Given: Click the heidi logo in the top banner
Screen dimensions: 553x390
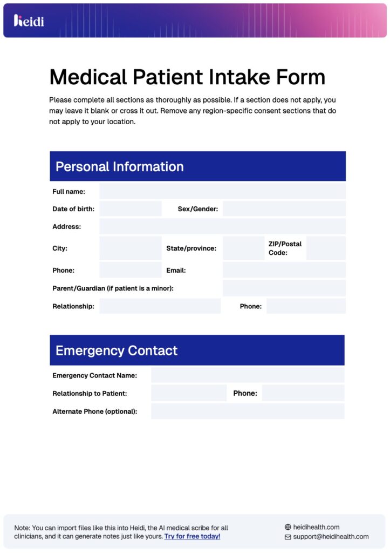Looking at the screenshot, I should (x=29, y=21).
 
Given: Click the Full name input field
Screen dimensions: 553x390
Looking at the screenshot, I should (x=222, y=191).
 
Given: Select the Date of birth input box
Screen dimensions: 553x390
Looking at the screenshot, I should (x=131, y=209).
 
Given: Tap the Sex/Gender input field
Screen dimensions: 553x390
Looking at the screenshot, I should (x=284, y=209).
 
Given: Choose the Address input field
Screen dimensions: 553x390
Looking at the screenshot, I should (x=222, y=226).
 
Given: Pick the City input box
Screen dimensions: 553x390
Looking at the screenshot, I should (x=131, y=248).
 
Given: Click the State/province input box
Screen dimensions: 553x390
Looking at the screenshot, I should (x=243, y=248).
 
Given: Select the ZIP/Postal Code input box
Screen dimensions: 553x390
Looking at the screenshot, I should (x=326, y=248).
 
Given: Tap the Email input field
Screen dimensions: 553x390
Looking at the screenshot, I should (x=284, y=270).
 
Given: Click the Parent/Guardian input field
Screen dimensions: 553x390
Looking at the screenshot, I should (x=284, y=288).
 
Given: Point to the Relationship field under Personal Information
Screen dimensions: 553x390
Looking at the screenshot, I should (x=160, y=306).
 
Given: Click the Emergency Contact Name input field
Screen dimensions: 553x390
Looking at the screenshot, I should (x=247, y=375).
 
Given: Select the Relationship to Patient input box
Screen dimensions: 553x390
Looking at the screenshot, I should (x=189, y=393).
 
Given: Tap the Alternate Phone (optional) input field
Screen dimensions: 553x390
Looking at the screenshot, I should (x=247, y=411).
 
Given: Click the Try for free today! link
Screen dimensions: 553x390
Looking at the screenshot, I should (x=192, y=536).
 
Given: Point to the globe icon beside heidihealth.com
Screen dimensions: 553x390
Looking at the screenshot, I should (x=288, y=527).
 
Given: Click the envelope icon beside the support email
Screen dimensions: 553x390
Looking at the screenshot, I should (x=288, y=537).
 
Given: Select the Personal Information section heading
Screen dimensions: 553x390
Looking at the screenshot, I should (x=120, y=166).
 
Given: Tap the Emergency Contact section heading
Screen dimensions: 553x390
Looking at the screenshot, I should (x=117, y=350).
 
